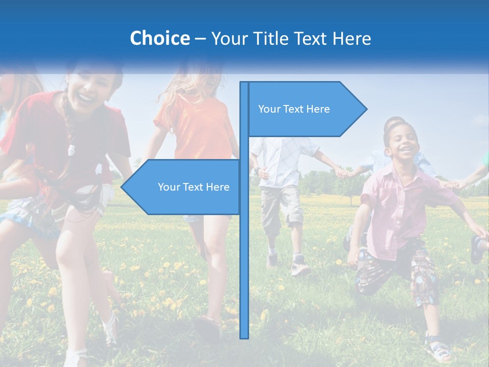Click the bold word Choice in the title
159,38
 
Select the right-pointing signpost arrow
306,109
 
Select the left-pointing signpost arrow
183,187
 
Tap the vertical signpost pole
244,255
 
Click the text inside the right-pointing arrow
294,109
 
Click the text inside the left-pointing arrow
194,187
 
